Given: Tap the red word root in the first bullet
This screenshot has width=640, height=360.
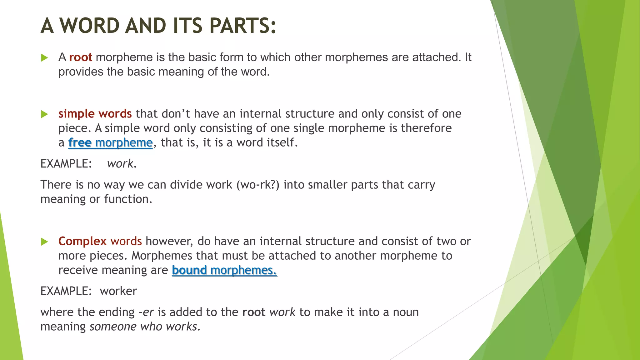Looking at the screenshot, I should click(x=81, y=57).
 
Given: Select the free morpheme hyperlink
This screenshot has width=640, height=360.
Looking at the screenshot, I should click(x=110, y=142).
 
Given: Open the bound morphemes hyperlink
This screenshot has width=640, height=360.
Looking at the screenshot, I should click(x=224, y=270).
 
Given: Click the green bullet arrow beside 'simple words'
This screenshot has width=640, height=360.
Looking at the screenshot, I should click(x=44, y=114).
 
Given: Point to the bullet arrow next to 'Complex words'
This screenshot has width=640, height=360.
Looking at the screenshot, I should click(x=44, y=242).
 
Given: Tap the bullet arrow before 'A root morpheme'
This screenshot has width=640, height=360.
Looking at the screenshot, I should click(x=44, y=58).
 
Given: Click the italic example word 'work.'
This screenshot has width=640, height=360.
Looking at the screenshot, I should click(x=122, y=164).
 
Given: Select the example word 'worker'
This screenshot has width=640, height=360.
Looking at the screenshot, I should click(x=118, y=291).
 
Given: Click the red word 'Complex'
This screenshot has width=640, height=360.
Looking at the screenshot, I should click(x=82, y=241).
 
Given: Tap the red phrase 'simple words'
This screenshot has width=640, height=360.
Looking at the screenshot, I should click(x=95, y=114).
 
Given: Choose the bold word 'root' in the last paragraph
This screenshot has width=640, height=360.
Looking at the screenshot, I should click(x=254, y=312).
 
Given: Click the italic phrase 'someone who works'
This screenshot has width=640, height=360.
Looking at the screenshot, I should click(x=143, y=327).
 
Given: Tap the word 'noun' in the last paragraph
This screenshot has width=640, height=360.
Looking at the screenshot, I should click(x=406, y=312).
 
